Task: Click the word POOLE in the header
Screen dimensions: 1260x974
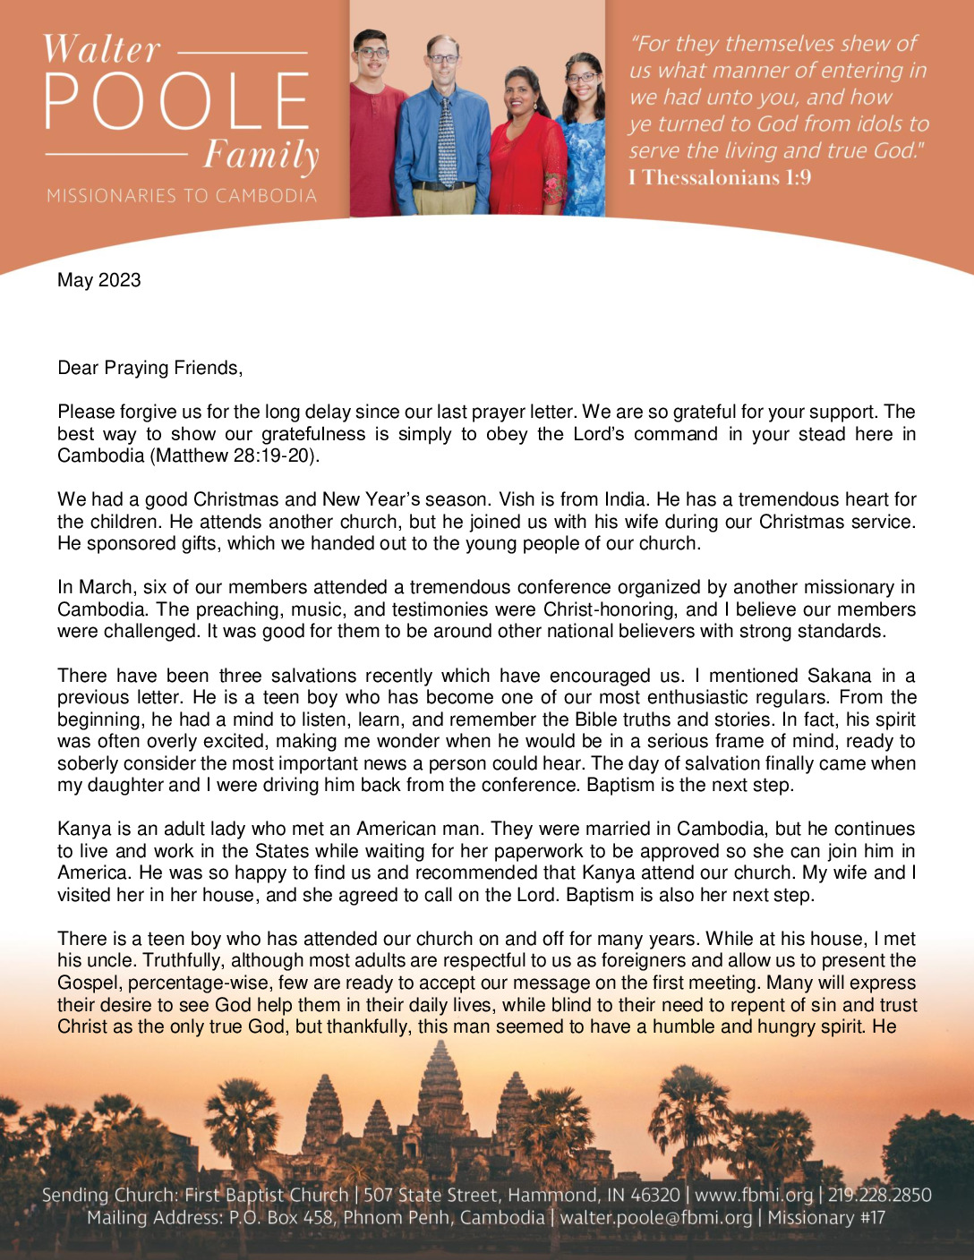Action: coord(177,99)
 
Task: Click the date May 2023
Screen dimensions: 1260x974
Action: coord(99,280)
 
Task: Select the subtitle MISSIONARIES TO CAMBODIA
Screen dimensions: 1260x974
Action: coord(182,195)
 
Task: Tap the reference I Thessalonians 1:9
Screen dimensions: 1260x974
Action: coord(720,177)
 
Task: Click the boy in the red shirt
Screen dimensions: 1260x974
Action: coord(376,134)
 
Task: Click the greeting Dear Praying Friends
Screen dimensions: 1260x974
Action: coord(150,368)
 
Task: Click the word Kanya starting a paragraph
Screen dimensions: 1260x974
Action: coord(82,829)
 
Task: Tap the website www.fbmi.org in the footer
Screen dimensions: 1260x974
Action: coord(754,1195)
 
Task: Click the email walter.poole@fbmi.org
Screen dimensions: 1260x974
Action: coord(656,1218)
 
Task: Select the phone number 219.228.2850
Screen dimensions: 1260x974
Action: coord(879,1195)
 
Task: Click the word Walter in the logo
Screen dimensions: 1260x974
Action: coord(101,49)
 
